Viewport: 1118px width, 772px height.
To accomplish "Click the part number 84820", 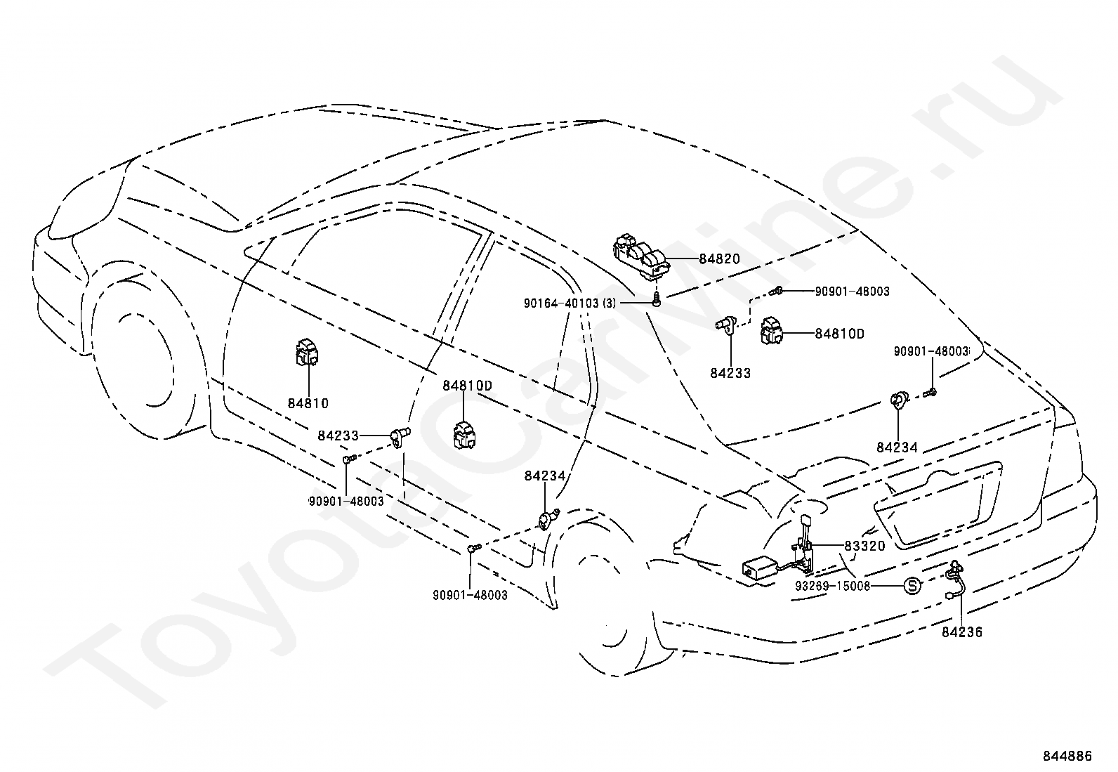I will click(719, 259).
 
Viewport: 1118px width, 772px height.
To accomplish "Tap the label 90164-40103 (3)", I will click(570, 303).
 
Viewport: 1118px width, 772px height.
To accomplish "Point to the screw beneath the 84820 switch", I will click(657, 301).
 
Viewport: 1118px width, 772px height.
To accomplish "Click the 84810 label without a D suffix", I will click(308, 403).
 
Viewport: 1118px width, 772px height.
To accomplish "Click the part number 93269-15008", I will click(833, 585).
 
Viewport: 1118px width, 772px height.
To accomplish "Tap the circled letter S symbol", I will click(911, 585).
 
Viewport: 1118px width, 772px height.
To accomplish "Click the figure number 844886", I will click(1067, 756).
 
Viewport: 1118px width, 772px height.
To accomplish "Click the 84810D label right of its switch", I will click(839, 334).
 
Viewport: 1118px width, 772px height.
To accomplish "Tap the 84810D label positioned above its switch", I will click(467, 386).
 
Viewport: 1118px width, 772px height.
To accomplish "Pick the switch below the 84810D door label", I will click(466, 433).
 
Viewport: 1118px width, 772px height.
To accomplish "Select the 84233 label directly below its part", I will click(730, 373).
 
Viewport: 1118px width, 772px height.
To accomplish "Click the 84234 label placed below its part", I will click(897, 447).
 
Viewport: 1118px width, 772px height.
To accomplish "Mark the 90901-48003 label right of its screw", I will click(852, 291).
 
